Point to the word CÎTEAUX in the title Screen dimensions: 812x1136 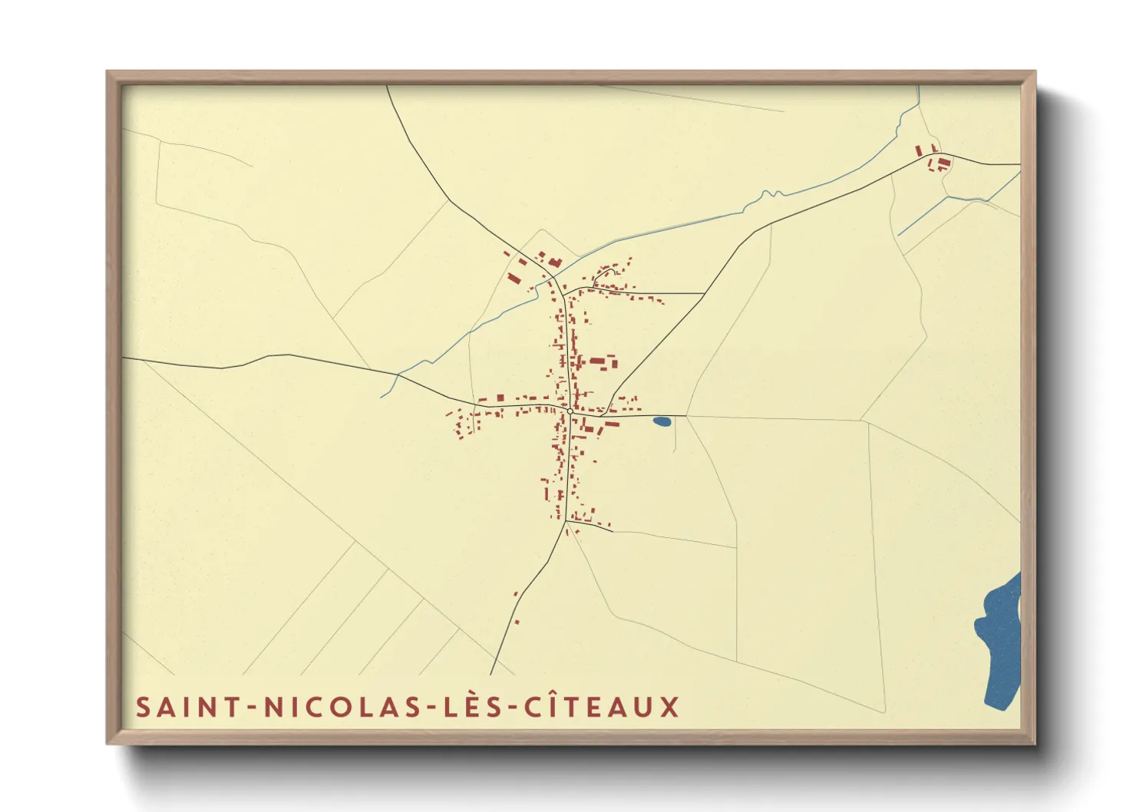tap(603, 706)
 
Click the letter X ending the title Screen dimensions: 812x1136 tap(670, 707)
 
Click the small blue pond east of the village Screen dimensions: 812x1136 tap(662, 421)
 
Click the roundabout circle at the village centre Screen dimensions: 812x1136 tap(570, 412)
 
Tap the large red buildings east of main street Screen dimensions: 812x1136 tap(603, 361)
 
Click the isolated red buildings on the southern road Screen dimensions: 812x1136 tap(516, 606)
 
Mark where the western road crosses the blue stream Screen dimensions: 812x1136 tap(398, 375)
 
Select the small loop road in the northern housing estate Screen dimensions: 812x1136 tap(606, 274)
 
